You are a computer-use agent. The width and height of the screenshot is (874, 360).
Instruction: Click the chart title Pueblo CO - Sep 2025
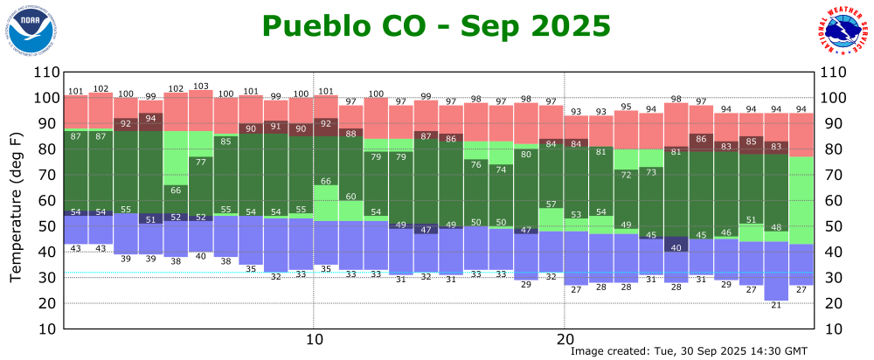coord(436,26)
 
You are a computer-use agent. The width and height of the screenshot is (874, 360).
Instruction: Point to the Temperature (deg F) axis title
coord(17,207)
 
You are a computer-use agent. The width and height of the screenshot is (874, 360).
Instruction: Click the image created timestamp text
coord(689,350)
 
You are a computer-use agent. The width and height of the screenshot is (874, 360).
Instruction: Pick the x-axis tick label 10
coord(314,339)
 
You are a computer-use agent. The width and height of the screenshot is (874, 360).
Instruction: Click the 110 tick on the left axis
coord(45,73)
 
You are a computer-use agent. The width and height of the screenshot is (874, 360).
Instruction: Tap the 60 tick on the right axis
coord(837,201)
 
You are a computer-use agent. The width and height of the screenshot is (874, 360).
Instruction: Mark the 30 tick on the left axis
coord(47,278)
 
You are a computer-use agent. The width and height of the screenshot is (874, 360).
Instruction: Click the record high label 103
coord(201,86)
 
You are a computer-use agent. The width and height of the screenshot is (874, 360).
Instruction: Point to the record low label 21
coord(776,305)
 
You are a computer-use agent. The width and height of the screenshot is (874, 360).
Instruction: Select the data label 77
coord(201,162)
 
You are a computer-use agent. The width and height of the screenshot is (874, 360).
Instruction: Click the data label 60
coord(351,197)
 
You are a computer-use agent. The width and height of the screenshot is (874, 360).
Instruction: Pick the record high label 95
coord(626,107)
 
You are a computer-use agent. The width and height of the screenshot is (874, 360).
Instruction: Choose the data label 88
coord(351,134)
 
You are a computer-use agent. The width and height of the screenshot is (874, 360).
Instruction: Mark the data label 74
coord(501,170)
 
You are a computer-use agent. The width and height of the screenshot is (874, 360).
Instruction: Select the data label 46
coord(726,232)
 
